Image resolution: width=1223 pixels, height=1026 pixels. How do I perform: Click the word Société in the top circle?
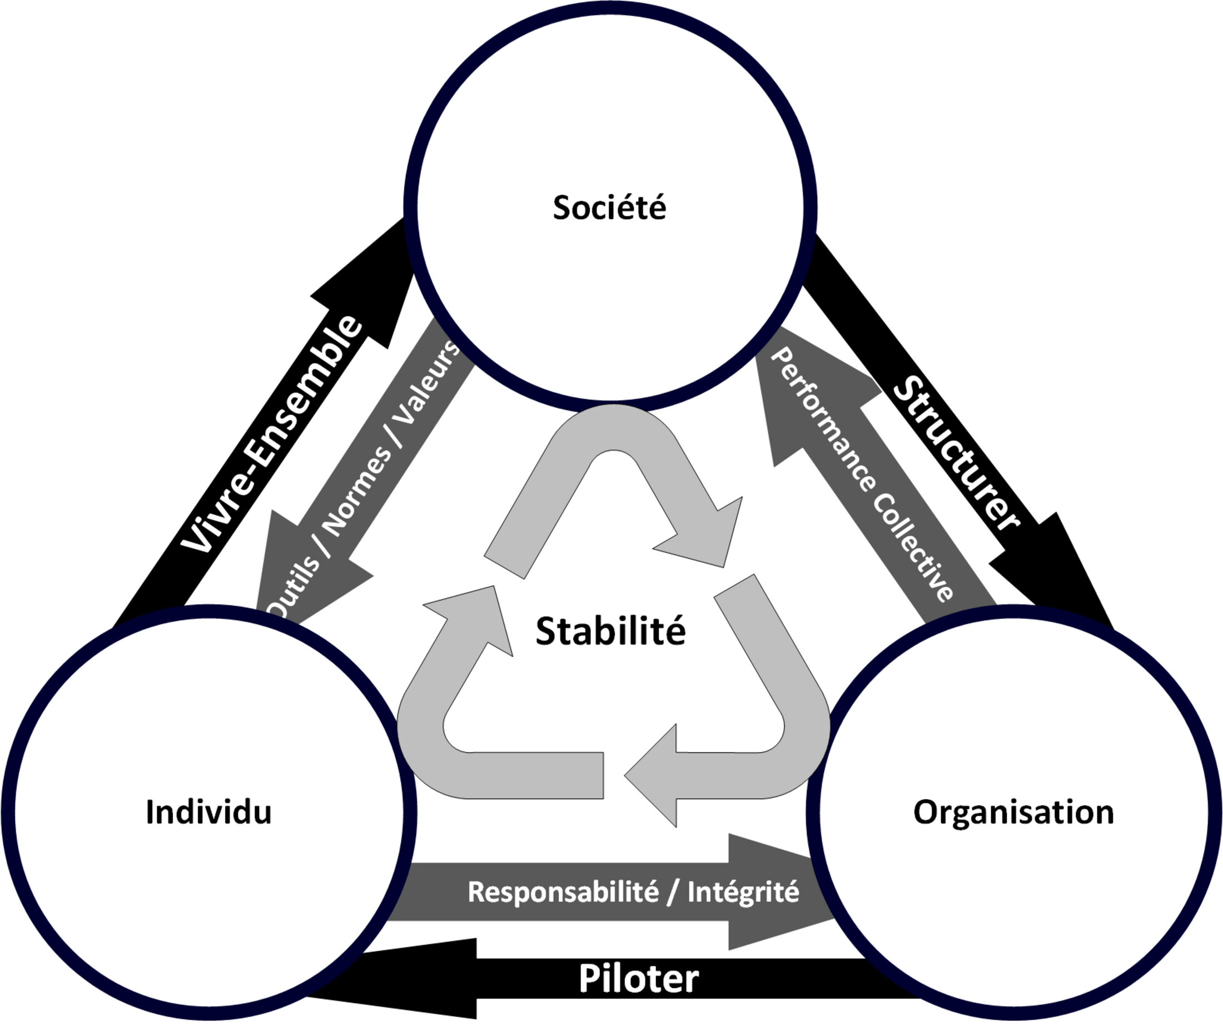point(609,207)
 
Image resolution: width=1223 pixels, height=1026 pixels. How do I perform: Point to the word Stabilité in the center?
point(610,631)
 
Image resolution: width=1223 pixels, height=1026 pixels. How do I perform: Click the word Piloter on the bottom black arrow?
point(638,979)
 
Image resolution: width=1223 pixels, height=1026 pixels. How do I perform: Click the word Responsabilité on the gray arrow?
point(564,892)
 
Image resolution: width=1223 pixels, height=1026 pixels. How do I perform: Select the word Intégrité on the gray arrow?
point(743,892)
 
